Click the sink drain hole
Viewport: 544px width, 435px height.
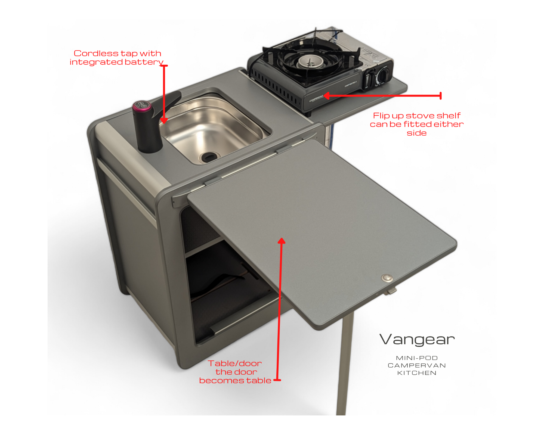(209, 156)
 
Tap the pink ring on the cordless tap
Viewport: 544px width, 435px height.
(142, 106)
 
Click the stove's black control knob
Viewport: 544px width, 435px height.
(384, 74)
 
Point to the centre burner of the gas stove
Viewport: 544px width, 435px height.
(310, 61)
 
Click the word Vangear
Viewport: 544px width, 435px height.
(417, 340)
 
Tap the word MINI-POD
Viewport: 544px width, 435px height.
(417, 358)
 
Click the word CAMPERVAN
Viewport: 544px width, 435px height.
(417, 365)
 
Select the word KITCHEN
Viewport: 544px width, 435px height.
(417, 373)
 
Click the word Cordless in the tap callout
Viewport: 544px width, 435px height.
(96, 53)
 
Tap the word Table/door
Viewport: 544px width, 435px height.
(235, 363)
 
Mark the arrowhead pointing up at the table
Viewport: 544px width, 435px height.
(282, 241)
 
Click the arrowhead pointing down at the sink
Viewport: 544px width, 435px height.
(164, 120)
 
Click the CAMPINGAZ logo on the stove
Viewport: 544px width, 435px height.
(316, 99)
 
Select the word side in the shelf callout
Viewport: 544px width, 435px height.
(417, 133)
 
